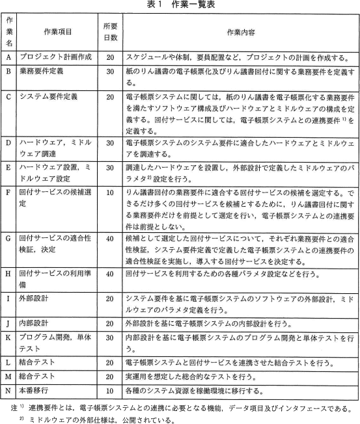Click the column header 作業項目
coord(57,31)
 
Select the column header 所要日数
coord(110,31)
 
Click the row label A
coord(8,58)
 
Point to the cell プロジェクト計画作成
coord(55,58)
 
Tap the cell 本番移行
coord(35,391)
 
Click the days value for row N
coord(110,391)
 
